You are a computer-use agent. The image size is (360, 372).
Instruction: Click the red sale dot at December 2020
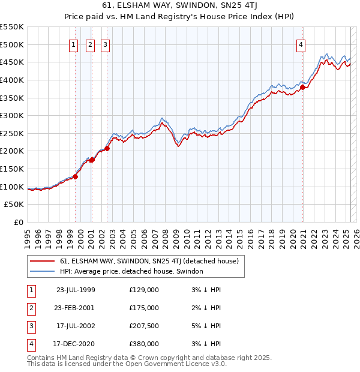[x=303, y=87]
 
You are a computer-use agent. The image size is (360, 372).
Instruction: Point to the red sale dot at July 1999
[x=76, y=176]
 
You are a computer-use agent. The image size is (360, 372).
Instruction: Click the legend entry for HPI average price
[x=131, y=271]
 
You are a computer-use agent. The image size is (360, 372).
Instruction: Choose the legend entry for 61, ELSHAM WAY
[x=149, y=261]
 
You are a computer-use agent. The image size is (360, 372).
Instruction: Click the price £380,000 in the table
[x=144, y=344]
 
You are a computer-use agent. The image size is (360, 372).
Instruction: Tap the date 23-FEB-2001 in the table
[x=75, y=308]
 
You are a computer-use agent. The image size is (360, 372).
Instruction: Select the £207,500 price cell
[x=144, y=326]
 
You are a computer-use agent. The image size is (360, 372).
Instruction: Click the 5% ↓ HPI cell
[x=205, y=326]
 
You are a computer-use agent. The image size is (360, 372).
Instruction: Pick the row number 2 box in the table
[x=30, y=308]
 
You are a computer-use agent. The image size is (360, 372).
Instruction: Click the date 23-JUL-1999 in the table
[x=75, y=290]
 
